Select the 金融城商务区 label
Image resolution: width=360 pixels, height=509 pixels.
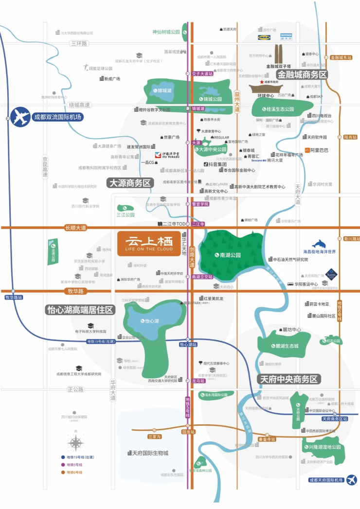click(x=302, y=75)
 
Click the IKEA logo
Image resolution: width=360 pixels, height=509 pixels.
click(x=264, y=37)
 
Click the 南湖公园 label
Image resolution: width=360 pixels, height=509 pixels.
click(x=230, y=255)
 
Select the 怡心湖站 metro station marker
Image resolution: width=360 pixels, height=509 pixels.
click(x=188, y=344)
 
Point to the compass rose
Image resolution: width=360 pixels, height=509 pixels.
click(x=75, y=442)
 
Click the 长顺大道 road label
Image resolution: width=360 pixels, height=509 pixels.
click(x=75, y=228)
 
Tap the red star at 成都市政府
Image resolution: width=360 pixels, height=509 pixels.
click(x=261, y=83)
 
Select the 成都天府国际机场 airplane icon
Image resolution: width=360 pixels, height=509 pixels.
click(x=350, y=480)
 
